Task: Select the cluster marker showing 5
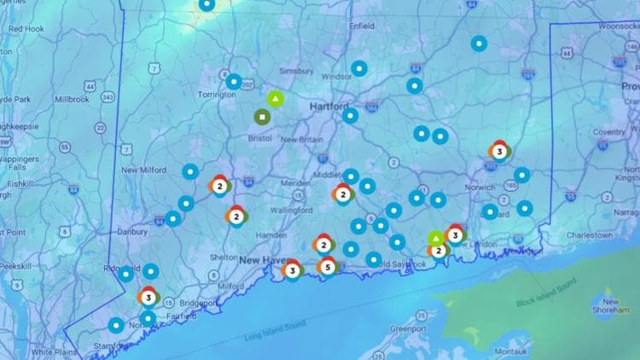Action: click(x=326, y=267)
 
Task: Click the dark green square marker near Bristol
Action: click(x=261, y=116)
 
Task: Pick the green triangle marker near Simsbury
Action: click(x=275, y=99)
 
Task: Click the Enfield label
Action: click(x=362, y=26)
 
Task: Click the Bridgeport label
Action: click(x=198, y=303)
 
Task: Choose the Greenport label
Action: click(x=407, y=328)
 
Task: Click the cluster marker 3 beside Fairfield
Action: click(x=148, y=297)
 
